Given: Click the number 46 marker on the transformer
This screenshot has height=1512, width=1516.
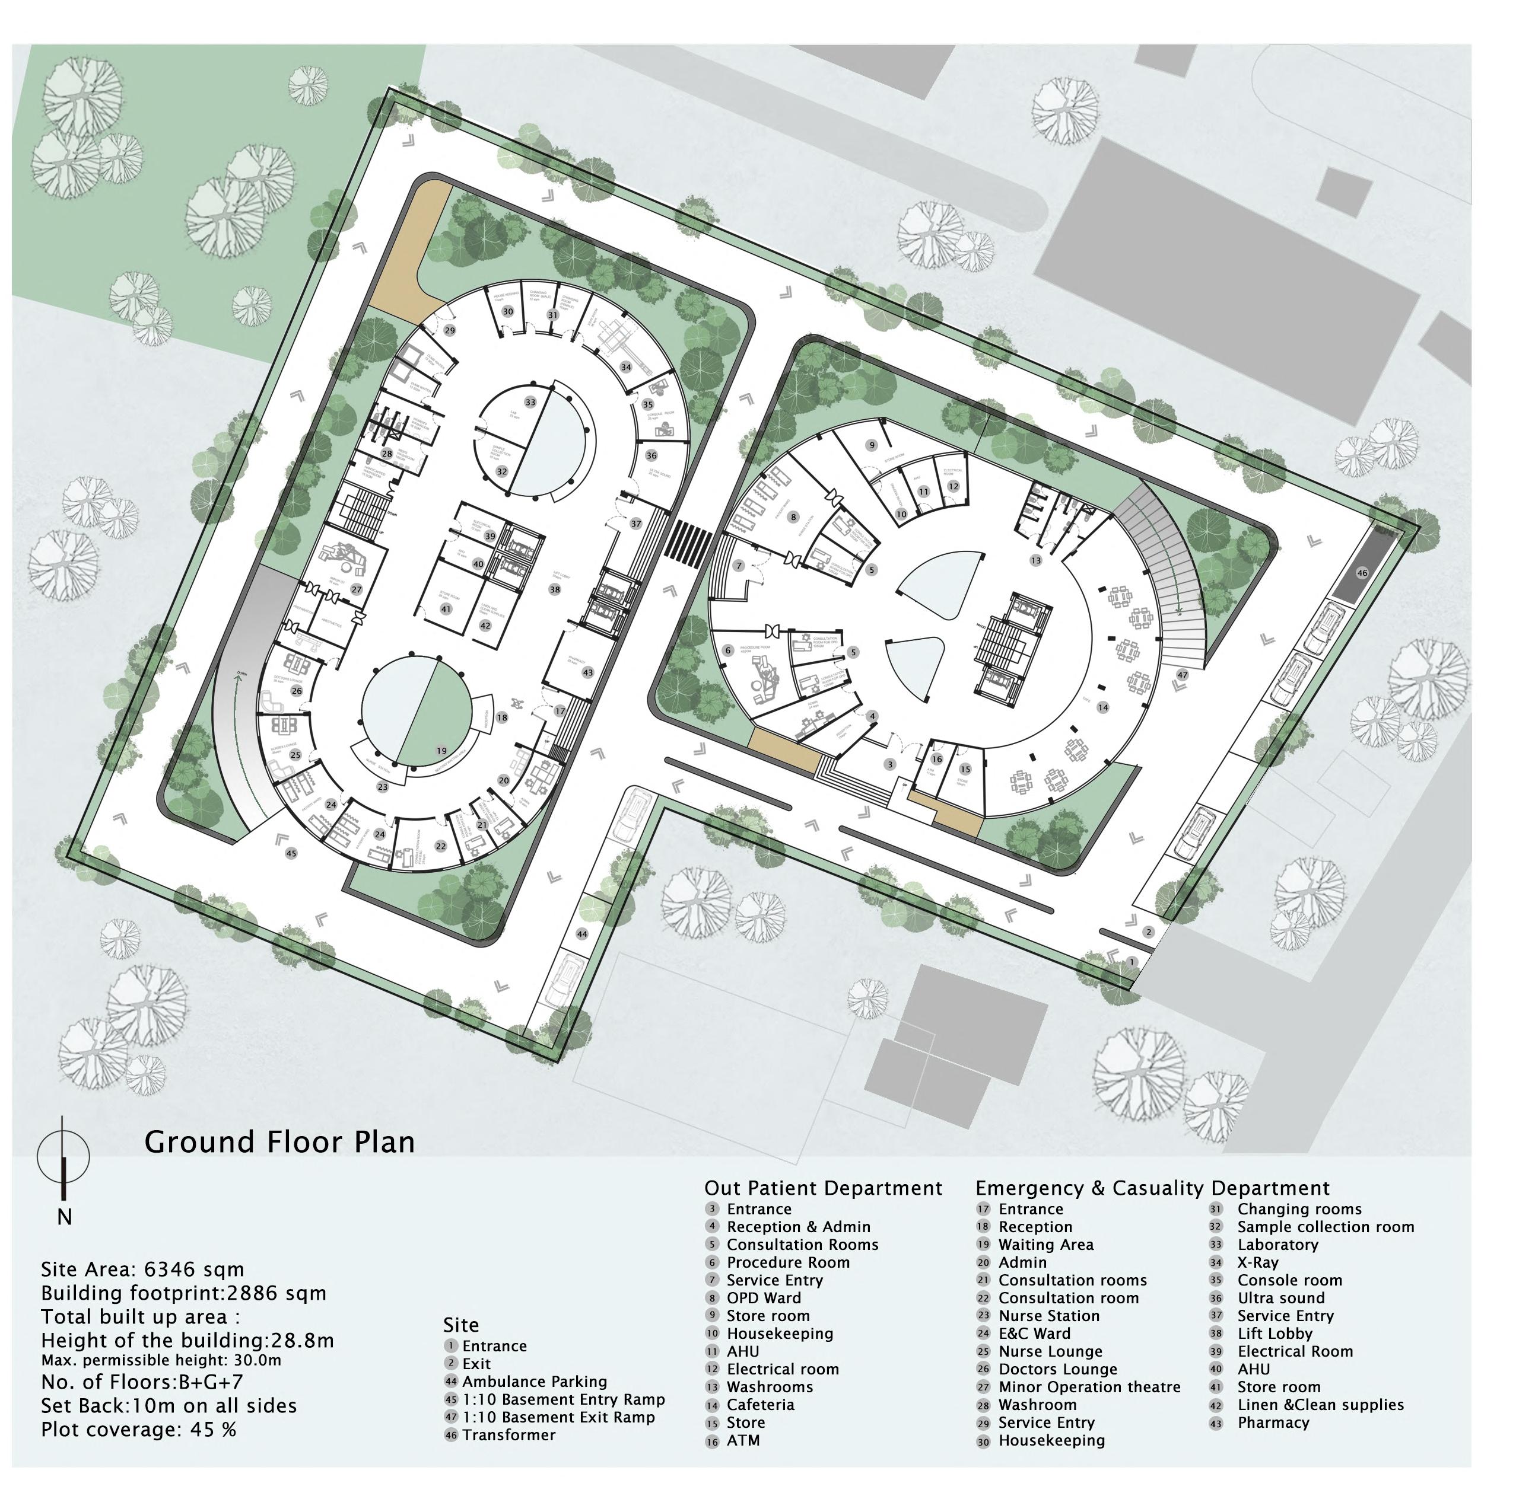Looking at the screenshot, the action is pyautogui.click(x=1362, y=573).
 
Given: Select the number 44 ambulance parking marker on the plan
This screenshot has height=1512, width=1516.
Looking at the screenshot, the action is pyautogui.click(x=581, y=934).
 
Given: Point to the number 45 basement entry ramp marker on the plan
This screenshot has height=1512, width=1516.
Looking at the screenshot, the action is pyautogui.click(x=291, y=853).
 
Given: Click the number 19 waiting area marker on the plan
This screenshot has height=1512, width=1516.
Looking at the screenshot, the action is pyautogui.click(x=442, y=751).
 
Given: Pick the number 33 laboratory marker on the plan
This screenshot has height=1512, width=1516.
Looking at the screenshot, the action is pyautogui.click(x=530, y=403).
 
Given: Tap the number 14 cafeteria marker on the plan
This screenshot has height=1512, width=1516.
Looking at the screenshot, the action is pyautogui.click(x=1103, y=707).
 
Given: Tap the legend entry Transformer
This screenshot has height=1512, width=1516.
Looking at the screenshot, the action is pyautogui.click(x=508, y=1434).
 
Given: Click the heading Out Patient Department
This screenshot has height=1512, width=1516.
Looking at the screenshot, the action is pyautogui.click(x=823, y=1188).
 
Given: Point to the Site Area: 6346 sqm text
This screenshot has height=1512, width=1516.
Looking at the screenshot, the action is pyautogui.click(x=143, y=1269).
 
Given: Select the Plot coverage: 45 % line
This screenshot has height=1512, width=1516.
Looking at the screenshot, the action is pyautogui.click(x=138, y=1429).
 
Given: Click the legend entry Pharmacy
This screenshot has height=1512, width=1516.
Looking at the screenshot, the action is pyautogui.click(x=1273, y=1422).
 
